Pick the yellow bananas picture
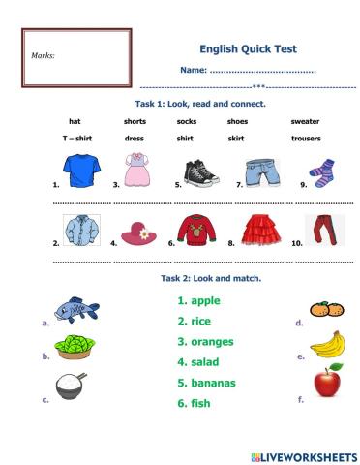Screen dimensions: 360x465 coord(327,343)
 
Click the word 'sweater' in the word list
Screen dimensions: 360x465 coord(305,122)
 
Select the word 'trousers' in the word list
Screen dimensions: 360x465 coord(306,139)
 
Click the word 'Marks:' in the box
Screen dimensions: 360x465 coord(44,56)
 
